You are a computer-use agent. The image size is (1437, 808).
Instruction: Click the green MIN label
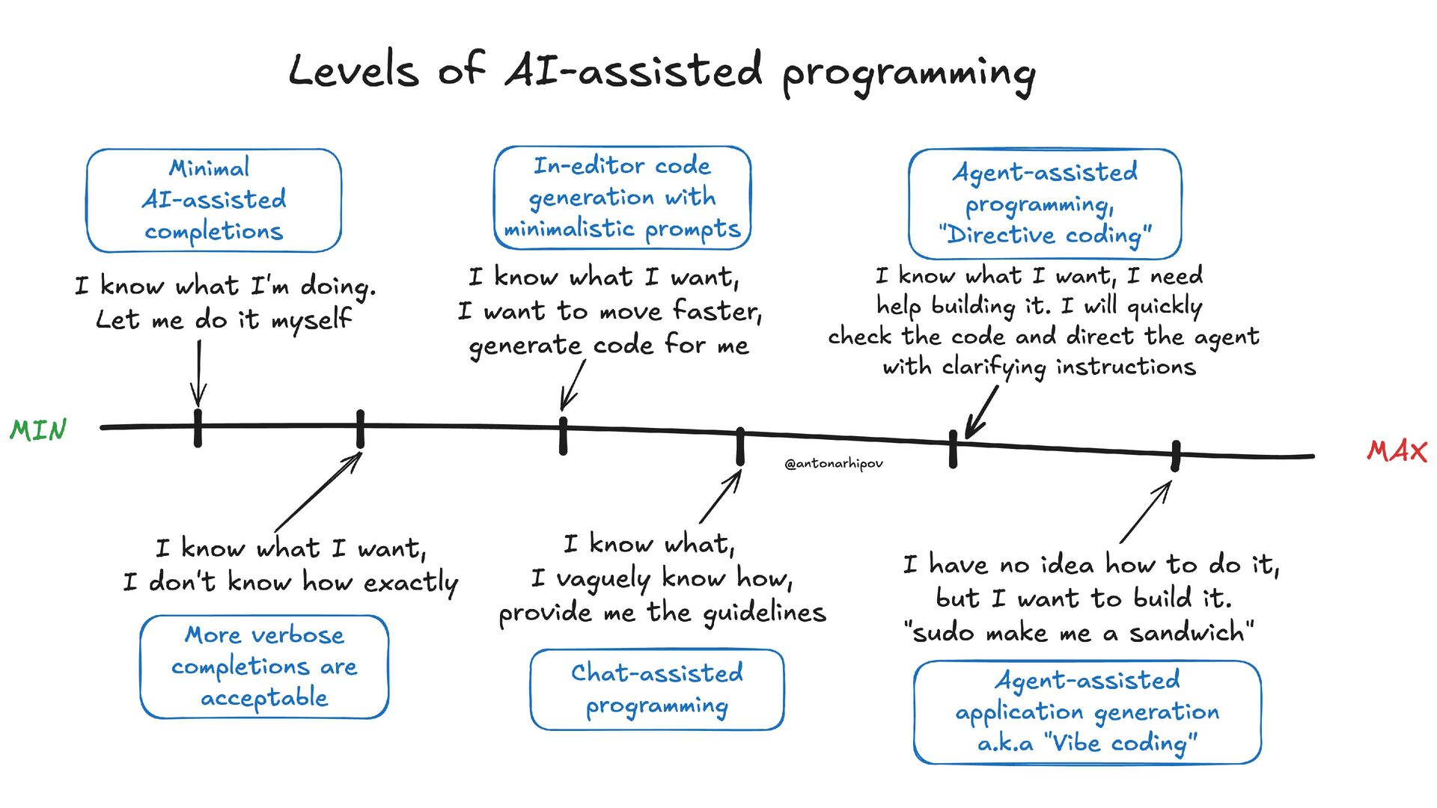(x=38, y=430)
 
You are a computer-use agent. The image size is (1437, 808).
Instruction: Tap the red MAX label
(x=1397, y=450)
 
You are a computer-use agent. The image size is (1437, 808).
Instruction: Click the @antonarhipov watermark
(x=833, y=464)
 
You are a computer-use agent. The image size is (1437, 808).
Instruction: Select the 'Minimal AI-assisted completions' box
(x=214, y=200)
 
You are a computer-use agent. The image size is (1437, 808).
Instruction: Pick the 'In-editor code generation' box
(x=622, y=198)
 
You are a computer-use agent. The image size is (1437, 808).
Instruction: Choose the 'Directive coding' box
(x=1045, y=203)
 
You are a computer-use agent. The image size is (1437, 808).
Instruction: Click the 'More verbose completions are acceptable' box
(x=264, y=667)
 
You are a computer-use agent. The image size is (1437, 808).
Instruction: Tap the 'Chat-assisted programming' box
(x=657, y=689)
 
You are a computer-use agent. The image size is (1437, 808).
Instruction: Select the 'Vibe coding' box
(x=1087, y=711)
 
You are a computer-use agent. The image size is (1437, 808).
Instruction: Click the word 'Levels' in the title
(x=353, y=71)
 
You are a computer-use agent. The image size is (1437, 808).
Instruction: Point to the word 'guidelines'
(x=763, y=613)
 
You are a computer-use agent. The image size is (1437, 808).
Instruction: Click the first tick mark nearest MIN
(x=198, y=428)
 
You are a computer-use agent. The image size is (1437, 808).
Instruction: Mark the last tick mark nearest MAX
(x=1175, y=456)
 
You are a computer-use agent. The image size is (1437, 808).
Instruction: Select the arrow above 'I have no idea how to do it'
(x=1145, y=512)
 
